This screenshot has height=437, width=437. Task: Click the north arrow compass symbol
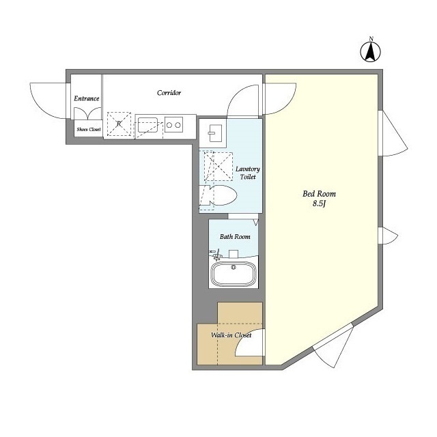370,52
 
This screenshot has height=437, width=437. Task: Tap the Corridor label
169,93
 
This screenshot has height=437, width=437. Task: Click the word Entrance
87,98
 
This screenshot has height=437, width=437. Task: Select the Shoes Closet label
89,129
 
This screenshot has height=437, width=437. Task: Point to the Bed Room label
319,194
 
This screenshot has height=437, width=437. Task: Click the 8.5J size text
319,203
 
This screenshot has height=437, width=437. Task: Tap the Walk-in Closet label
231,335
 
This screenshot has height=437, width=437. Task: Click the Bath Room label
235,237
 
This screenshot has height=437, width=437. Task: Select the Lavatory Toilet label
247,173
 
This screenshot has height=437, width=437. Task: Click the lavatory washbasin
216,133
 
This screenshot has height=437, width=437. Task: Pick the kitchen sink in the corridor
147,125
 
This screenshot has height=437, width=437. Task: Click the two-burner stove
173,125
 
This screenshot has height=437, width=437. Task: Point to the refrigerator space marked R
119,124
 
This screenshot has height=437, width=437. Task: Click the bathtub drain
234,267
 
